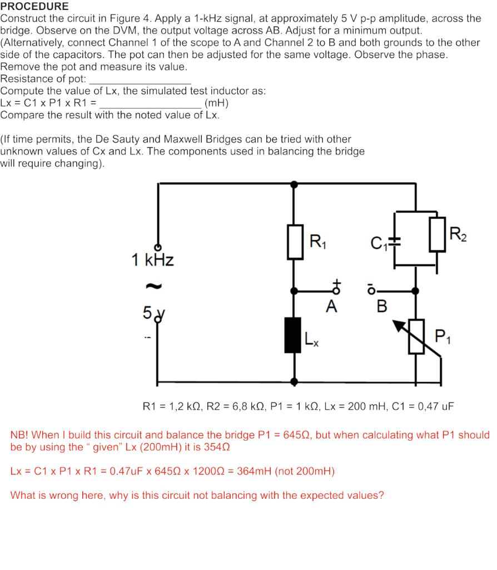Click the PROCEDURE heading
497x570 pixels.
coord(34,7)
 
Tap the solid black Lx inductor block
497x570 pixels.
coord(293,335)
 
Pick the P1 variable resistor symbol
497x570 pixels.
coord(417,337)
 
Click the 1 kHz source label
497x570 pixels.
coord(152,260)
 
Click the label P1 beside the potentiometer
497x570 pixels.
coord(443,337)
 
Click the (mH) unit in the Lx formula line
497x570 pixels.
coord(216,103)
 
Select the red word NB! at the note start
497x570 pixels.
coord(21,434)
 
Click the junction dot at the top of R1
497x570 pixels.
coord(295,183)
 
